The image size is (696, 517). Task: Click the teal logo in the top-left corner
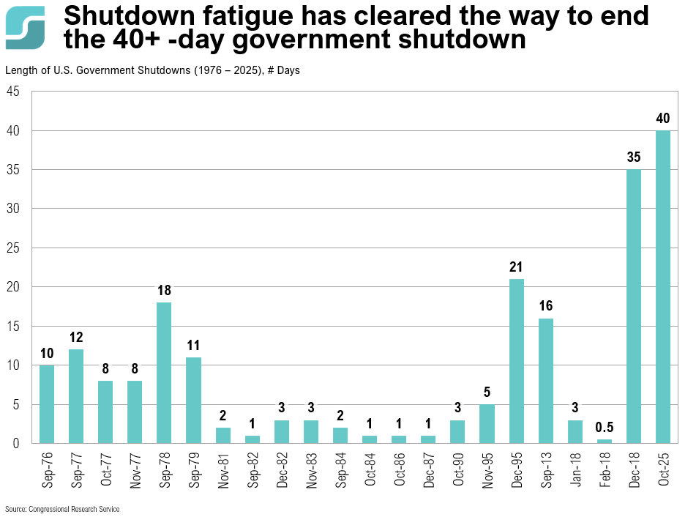pyautogui.click(x=25, y=27)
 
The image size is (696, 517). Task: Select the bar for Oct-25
pyautogui.click(x=663, y=287)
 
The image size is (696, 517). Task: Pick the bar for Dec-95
pyautogui.click(x=516, y=361)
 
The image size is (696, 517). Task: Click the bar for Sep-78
pyautogui.click(x=164, y=373)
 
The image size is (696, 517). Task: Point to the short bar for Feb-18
pyautogui.click(x=605, y=441)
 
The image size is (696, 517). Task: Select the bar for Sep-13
pyautogui.click(x=545, y=381)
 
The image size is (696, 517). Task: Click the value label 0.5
pyautogui.click(x=605, y=426)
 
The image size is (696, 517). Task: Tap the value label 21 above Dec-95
pyautogui.click(x=516, y=267)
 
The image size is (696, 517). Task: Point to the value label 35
pyautogui.click(x=634, y=157)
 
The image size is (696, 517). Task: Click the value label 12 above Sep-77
pyautogui.click(x=76, y=337)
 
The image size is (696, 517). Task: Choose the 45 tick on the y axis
pyautogui.click(x=13, y=92)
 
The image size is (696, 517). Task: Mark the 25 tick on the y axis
pyautogui.click(x=13, y=248)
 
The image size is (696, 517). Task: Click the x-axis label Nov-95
pyautogui.click(x=487, y=469)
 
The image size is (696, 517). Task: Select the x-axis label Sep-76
pyautogui.click(x=47, y=469)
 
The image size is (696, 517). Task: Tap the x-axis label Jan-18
pyautogui.click(x=575, y=469)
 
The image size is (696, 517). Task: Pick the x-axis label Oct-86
pyautogui.click(x=399, y=469)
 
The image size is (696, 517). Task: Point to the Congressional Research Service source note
pyautogui.click(x=62, y=509)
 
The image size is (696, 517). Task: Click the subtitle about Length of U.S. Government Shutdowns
pyautogui.click(x=152, y=71)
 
